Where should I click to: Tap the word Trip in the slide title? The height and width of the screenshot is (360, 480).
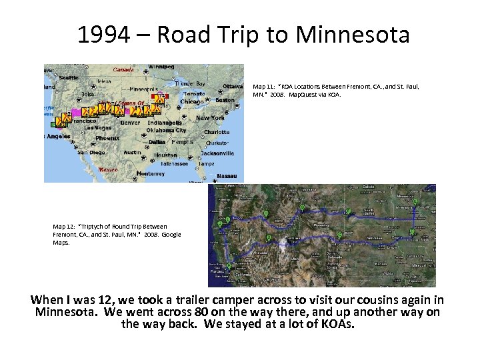235,35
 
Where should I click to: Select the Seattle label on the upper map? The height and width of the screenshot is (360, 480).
69,77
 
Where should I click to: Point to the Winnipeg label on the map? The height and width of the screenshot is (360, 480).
161,67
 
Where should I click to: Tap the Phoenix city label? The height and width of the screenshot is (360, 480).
107,138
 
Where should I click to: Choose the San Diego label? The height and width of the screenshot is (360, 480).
91,152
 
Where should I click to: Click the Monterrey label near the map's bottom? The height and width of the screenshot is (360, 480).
150,173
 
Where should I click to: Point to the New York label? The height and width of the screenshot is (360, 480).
211,118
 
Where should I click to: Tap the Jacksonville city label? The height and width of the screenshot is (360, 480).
217,153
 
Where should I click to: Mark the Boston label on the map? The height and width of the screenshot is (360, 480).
225,100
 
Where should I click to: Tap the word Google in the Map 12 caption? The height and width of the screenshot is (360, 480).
171,235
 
